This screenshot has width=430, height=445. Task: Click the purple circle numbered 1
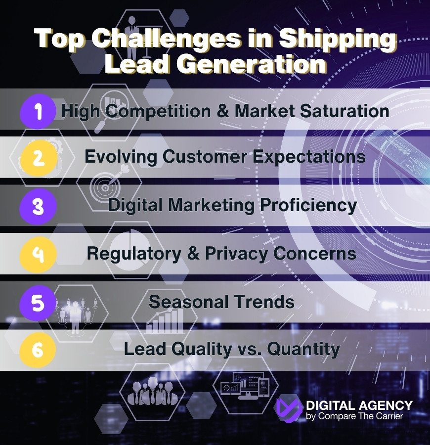(x=38, y=111)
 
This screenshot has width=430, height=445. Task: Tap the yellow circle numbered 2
(x=38, y=159)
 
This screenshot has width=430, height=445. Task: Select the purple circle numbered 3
(x=38, y=207)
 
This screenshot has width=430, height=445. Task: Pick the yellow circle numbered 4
(x=38, y=254)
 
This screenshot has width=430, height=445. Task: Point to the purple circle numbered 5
(x=38, y=302)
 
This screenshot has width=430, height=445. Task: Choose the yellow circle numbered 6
(x=38, y=350)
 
